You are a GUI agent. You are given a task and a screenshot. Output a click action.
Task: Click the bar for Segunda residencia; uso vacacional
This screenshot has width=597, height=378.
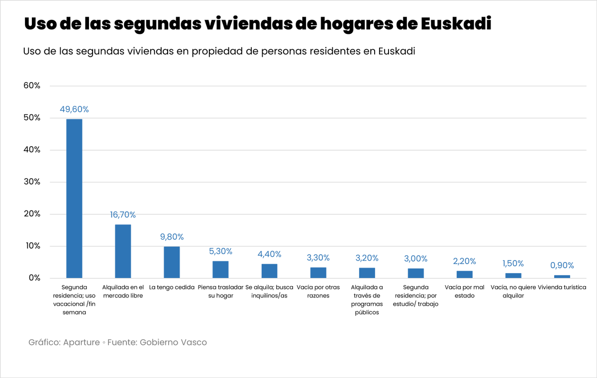point(74,198)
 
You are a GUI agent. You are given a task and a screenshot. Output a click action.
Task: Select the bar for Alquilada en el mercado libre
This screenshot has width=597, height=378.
point(123,251)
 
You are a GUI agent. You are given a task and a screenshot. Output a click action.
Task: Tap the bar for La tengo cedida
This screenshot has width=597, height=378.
point(172,262)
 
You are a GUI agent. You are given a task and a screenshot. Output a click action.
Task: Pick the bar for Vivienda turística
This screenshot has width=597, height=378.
point(562,277)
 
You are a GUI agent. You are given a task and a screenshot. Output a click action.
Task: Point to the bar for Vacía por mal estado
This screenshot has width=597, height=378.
point(465,275)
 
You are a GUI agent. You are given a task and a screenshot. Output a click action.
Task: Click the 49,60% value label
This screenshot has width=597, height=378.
point(74,109)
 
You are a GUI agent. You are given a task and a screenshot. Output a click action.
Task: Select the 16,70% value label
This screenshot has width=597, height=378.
point(123,215)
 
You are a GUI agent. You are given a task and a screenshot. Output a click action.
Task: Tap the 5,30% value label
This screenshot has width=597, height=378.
point(220,251)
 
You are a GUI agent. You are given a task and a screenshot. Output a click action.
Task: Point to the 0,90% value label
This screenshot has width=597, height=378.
point(562,265)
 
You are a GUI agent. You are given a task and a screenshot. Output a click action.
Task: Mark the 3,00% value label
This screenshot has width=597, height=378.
point(416,258)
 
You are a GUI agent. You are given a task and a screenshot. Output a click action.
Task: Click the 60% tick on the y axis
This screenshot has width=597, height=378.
point(32,86)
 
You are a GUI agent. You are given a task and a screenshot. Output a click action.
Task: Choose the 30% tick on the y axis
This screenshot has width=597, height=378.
point(32,182)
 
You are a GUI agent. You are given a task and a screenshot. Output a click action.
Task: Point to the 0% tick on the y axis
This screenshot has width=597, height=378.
point(34,278)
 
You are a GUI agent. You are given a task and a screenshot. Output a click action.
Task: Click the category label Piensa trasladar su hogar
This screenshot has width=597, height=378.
point(220,291)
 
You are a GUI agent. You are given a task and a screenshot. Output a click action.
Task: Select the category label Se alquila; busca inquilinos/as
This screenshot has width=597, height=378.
point(269,291)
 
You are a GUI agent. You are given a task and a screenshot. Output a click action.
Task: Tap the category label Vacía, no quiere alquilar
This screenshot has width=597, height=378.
point(513,291)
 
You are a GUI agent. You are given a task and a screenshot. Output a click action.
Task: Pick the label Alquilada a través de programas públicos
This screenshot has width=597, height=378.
point(367,300)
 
